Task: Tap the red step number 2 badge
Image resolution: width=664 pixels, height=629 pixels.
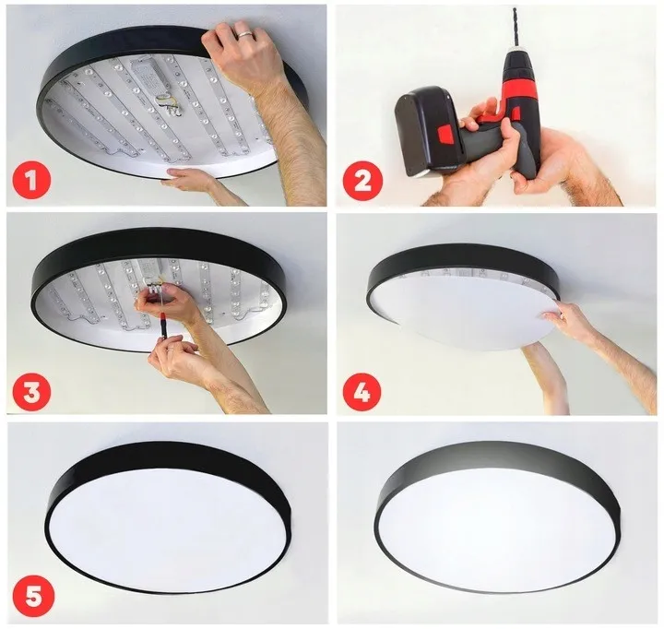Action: point(361,179)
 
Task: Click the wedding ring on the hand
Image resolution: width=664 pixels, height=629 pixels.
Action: point(244,35)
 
